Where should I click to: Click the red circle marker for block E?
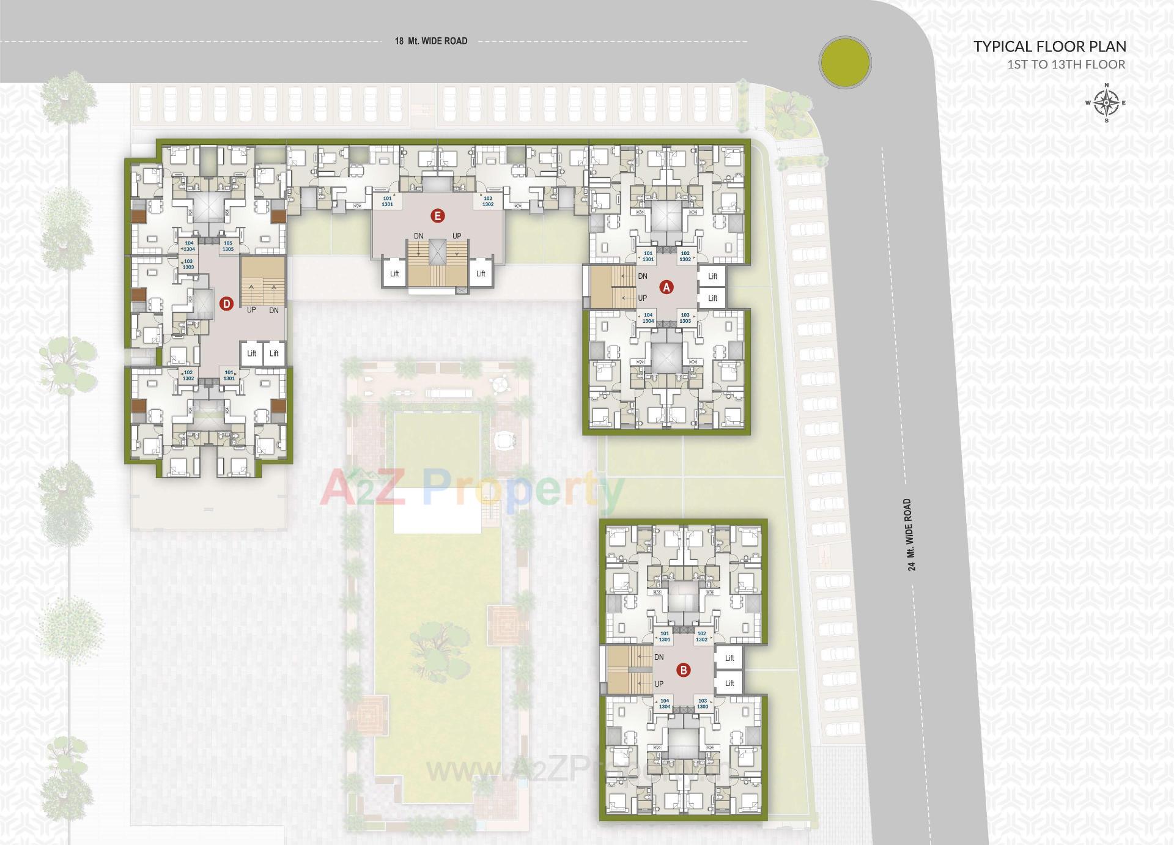click(x=437, y=215)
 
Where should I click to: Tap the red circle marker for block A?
click(x=666, y=287)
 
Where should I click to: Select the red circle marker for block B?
click(x=684, y=670)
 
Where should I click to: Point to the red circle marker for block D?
click(x=226, y=303)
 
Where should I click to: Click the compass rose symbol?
click(x=1106, y=103)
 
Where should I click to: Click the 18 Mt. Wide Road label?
click(x=430, y=41)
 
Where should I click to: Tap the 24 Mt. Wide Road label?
click(x=910, y=534)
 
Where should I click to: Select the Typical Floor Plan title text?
click(x=1049, y=46)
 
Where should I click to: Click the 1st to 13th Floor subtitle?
click(x=1066, y=65)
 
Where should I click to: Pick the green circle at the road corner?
click(x=844, y=62)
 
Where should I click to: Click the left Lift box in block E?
click(x=394, y=273)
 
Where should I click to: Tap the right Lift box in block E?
click(x=481, y=273)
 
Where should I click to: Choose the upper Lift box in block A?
click(x=712, y=276)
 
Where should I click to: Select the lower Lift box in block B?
click(x=729, y=683)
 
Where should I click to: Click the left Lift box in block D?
click(x=251, y=353)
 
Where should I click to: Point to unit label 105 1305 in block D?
click(x=227, y=246)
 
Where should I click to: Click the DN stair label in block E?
click(x=418, y=236)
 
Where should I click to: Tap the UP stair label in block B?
click(x=659, y=684)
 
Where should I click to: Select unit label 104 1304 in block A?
click(x=648, y=318)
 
